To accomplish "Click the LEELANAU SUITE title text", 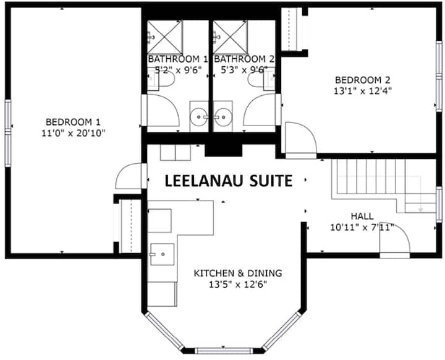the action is pyautogui.click(x=229, y=181).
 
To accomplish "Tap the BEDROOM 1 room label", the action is pyautogui.click(x=73, y=122).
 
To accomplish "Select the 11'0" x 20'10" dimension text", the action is pyautogui.click(x=74, y=133).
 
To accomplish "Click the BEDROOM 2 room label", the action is pyautogui.click(x=363, y=80).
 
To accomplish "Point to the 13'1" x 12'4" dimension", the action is pyautogui.click(x=363, y=91).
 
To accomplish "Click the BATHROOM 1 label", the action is pyautogui.click(x=178, y=59).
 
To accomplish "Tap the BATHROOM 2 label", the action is pyautogui.click(x=244, y=59).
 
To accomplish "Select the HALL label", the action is pyautogui.click(x=362, y=216).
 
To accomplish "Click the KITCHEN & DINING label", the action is pyautogui.click(x=238, y=273).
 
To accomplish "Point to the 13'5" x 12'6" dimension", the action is pyautogui.click(x=238, y=284).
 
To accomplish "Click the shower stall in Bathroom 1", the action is pyautogui.click(x=165, y=37).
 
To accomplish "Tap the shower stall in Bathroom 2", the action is pyautogui.click(x=231, y=37).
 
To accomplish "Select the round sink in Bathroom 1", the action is pyautogui.click(x=198, y=117).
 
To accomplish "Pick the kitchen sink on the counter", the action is pyautogui.click(x=162, y=254).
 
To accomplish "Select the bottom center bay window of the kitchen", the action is pyautogui.click(x=224, y=351).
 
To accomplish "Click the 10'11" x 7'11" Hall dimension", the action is pyautogui.click(x=362, y=227).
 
